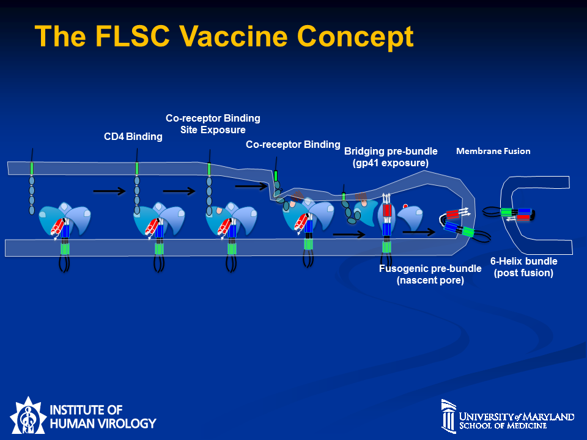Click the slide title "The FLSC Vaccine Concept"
(x=224, y=37)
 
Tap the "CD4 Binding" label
(x=133, y=137)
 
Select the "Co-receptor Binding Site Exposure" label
(x=213, y=123)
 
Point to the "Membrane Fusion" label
(x=493, y=151)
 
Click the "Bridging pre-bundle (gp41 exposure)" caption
(x=386, y=157)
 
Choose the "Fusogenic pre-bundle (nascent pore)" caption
(x=421, y=274)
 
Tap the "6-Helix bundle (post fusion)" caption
(x=523, y=267)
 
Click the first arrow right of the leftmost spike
(x=109, y=191)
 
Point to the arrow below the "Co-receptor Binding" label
(x=251, y=185)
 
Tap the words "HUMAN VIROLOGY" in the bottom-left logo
(x=103, y=423)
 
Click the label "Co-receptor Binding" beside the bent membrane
(x=293, y=145)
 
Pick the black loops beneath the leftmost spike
(x=64, y=263)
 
